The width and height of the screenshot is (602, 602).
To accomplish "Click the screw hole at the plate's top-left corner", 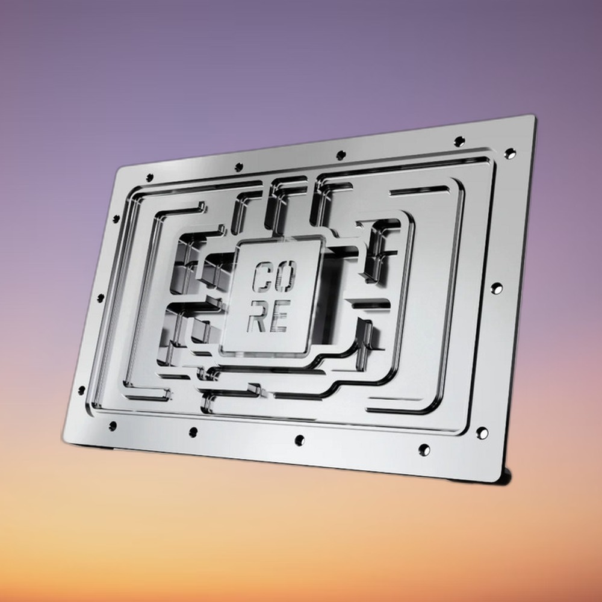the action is [150, 178].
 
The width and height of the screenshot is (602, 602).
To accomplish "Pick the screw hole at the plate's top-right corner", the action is [509, 154].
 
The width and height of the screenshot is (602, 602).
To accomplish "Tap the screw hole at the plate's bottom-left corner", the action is [113, 426].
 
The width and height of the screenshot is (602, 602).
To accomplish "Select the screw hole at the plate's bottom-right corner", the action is [482, 433].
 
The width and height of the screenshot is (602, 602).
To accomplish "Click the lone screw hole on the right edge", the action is [497, 288].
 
